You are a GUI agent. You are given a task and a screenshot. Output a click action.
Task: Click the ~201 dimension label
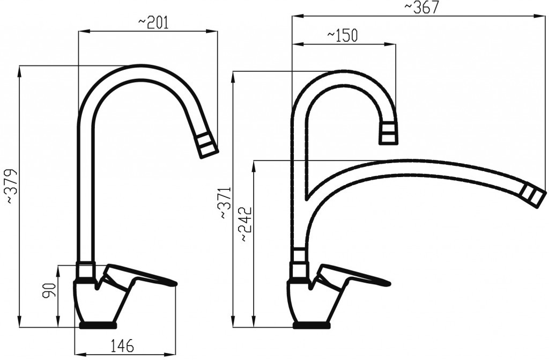[153, 22]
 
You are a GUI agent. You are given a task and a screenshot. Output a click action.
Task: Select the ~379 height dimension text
[12, 186]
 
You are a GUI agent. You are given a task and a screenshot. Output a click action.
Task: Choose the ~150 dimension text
[342, 35]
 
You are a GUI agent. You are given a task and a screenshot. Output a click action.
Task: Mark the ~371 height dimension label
[225, 203]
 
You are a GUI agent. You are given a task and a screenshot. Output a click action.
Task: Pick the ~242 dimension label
[245, 224]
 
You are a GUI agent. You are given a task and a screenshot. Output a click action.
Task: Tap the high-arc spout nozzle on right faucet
[389, 133]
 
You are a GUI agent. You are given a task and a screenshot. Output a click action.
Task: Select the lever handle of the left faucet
[140, 275]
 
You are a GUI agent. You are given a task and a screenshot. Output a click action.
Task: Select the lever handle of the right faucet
[354, 275]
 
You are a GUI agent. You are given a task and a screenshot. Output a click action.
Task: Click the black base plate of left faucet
[98, 325]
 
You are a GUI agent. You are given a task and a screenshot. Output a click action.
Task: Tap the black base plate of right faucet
[311, 325]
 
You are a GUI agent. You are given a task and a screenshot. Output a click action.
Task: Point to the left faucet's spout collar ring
[86, 270]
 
